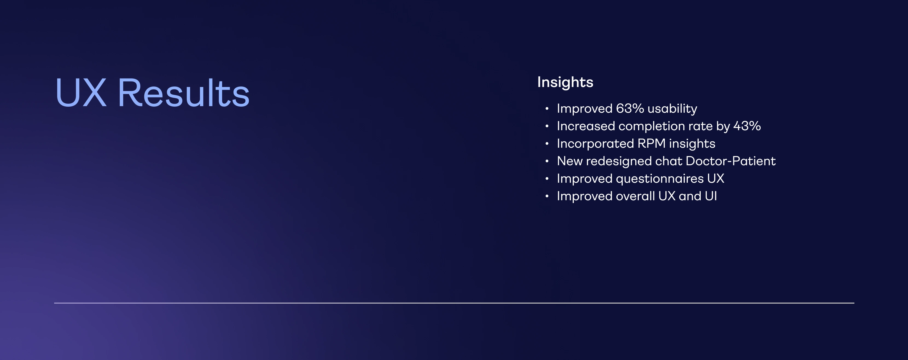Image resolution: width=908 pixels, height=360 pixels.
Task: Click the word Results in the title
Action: (x=184, y=92)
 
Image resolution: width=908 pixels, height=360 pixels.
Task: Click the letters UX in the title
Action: (x=81, y=92)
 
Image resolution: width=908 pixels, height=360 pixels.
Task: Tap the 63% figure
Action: (x=630, y=109)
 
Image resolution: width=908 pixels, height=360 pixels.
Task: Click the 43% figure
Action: (x=747, y=126)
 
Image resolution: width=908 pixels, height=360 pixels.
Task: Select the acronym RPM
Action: (x=651, y=144)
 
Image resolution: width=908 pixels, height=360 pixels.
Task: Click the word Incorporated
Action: (x=595, y=144)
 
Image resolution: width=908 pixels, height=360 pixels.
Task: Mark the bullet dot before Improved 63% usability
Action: (x=547, y=109)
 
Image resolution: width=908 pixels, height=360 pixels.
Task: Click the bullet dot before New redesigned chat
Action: (x=547, y=161)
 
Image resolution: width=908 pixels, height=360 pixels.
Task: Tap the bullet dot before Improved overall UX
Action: (x=547, y=196)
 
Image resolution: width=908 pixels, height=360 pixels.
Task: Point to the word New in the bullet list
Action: (x=570, y=161)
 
